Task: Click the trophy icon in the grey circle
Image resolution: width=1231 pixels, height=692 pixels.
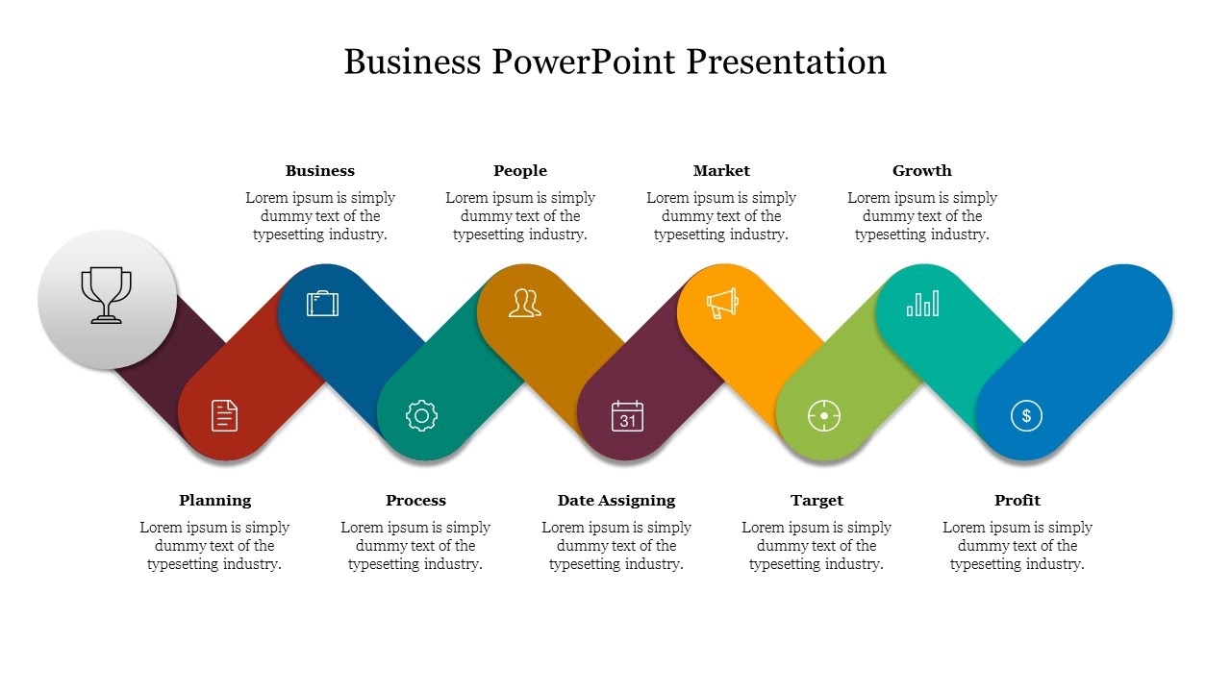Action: [106, 295]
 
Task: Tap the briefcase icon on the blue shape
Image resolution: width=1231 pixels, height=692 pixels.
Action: [322, 304]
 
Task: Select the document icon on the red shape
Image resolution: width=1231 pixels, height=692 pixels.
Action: [224, 415]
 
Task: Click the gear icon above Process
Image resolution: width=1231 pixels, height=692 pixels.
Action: [421, 415]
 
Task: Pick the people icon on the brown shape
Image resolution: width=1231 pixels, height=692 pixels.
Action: [524, 303]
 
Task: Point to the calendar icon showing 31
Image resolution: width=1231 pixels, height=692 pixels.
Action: [627, 416]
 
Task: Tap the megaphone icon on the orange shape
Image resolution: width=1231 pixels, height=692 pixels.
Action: [722, 304]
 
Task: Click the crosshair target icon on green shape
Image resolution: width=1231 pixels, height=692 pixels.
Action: [824, 415]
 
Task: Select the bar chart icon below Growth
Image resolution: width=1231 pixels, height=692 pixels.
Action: [922, 304]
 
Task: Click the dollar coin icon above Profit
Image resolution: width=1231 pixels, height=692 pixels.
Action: [1026, 415]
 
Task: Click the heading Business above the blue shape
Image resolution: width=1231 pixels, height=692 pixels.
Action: [319, 171]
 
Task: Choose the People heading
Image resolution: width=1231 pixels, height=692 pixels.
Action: [519, 171]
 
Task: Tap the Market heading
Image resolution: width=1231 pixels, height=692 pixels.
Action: [721, 171]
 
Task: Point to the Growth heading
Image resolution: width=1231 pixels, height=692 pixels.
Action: [921, 171]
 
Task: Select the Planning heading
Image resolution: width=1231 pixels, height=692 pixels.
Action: [214, 501]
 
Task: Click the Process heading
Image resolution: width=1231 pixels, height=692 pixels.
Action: [415, 501]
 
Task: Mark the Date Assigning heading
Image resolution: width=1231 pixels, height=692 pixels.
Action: [615, 501]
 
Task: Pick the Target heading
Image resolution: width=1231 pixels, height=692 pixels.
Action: [816, 501]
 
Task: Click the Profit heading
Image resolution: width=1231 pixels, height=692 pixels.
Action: [1017, 501]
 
